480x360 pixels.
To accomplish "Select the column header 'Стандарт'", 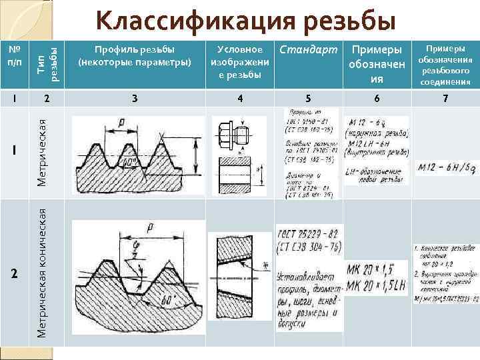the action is pos(308,50).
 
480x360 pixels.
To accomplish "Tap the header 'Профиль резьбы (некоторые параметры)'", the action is pos(135,56).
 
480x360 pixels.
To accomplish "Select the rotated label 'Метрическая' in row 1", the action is pos(41,152).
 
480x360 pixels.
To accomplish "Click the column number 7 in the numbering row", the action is pos(445,99).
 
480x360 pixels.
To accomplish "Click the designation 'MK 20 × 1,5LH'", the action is pos(377,285).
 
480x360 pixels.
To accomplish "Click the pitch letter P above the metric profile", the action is pos(121,122).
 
